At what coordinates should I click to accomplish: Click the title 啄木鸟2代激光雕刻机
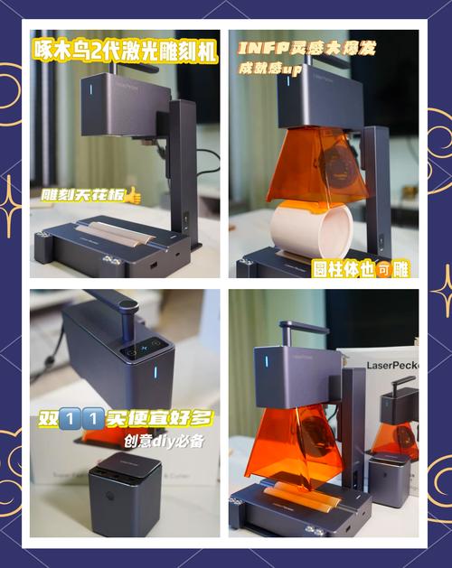click(124, 52)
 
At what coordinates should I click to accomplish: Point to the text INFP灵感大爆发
click(308, 47)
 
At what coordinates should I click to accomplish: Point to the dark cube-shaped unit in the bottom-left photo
click(124, 490)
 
